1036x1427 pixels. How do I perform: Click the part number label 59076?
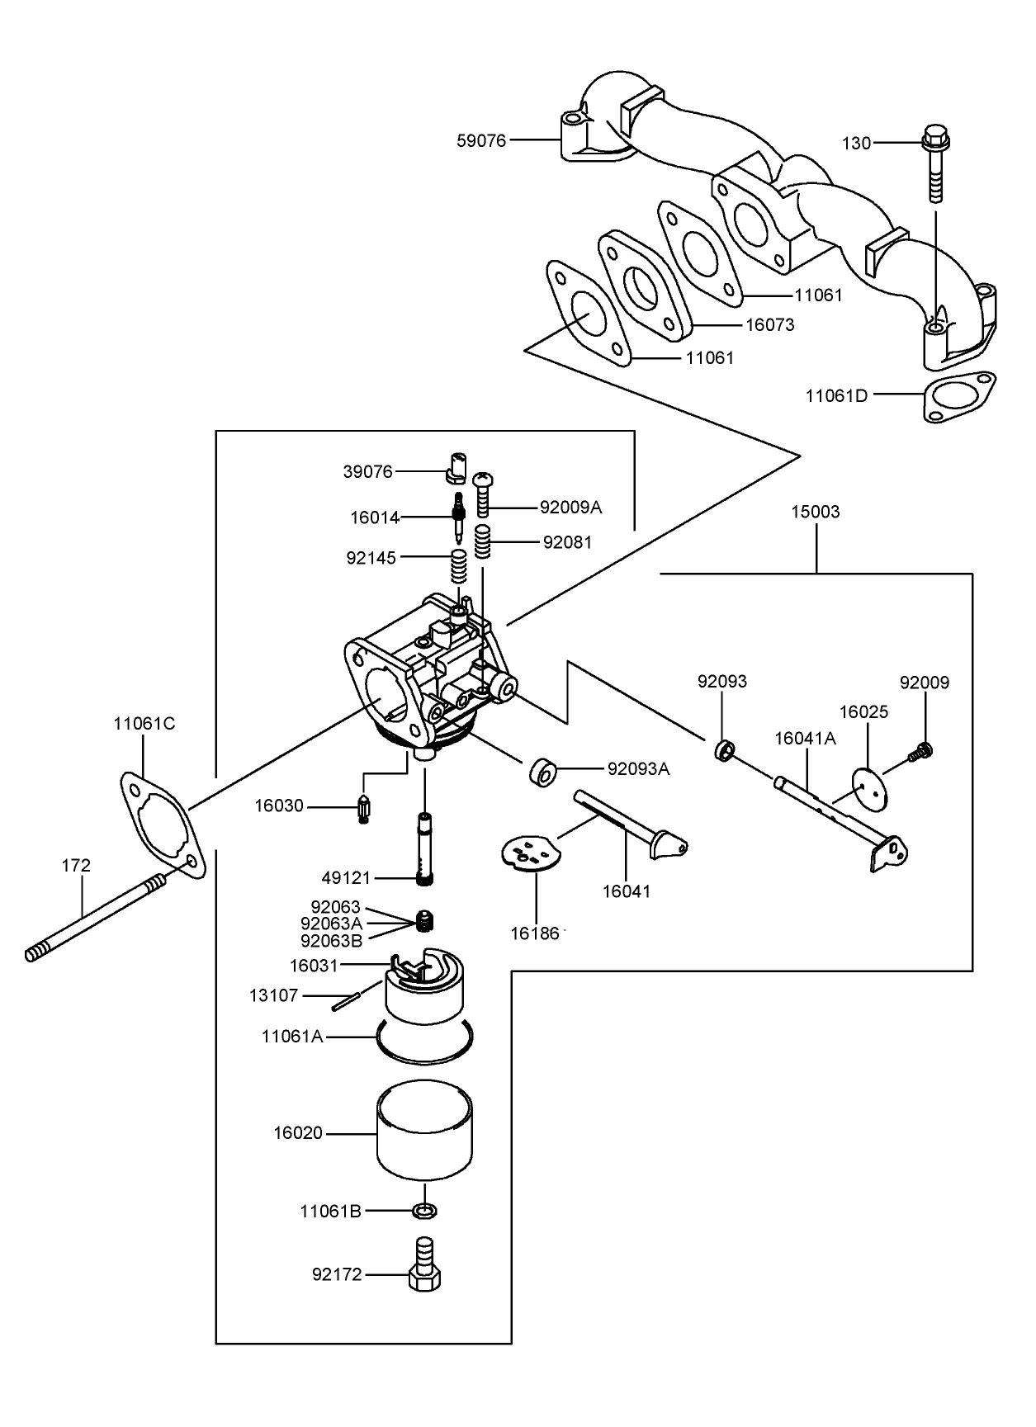tap(481, 140)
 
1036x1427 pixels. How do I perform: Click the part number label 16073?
tap(769, 325)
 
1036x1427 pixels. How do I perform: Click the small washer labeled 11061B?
tap(424, 1212)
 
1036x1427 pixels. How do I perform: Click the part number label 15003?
tap(816, 512)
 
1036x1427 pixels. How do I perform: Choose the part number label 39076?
tap(367, 472)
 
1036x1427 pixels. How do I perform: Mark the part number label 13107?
tap(273, 995)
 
